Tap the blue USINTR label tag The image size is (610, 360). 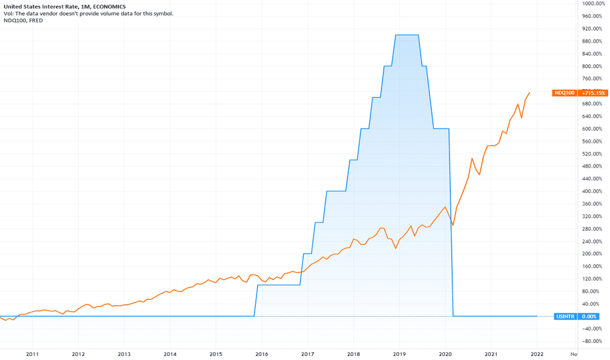tap(565, 316)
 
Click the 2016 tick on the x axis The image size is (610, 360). tap(262, 354)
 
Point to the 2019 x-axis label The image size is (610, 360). tap(399, 354)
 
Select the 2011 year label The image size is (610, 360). tap(32, 354)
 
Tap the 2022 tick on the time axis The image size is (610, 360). tap(537, 354)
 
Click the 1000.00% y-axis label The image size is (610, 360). tap(592, 3)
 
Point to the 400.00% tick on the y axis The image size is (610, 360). tap(592, 191)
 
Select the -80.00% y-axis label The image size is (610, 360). tap(592, 341)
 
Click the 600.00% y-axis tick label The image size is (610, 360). tap(592, 128)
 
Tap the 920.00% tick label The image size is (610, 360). tap(592, 29)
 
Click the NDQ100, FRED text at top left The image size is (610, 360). tap(25, 20)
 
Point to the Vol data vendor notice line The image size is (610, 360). tap(88, 13)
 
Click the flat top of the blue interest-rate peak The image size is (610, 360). tap(407, 35)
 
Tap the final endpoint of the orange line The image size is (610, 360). tap(529, 93)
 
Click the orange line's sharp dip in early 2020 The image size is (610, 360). tap(453, 225)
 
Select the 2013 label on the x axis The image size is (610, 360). tap(124, 354)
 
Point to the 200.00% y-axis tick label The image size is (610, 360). tap(592, 253)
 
